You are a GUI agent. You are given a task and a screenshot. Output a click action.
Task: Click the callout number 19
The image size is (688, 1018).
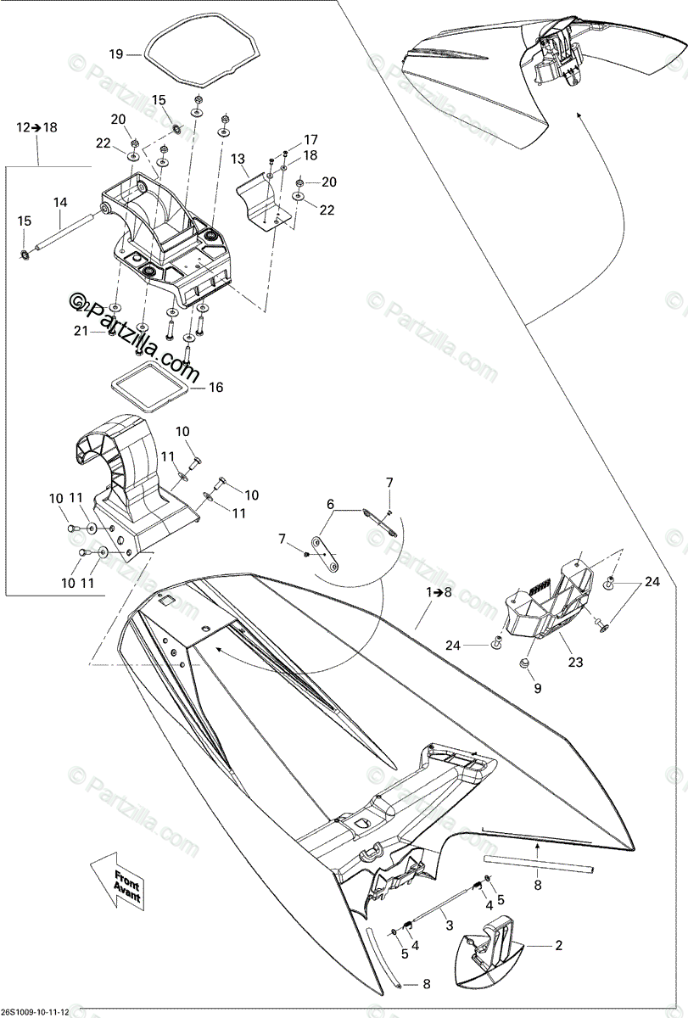(x=116, y=54)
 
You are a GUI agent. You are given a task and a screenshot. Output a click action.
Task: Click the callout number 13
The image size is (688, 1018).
(x=238, y=159)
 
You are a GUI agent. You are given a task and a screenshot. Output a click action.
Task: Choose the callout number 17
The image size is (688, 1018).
(x=310, y=139)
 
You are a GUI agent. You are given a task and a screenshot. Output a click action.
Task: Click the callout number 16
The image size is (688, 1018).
(x=215, y=387)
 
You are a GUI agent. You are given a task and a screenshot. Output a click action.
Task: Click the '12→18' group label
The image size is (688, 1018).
(x=37, y=127)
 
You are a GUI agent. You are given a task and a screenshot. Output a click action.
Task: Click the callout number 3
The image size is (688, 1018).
(x=450, y=926)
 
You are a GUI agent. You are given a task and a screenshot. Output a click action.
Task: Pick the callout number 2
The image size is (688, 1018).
(x=558, y=944)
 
